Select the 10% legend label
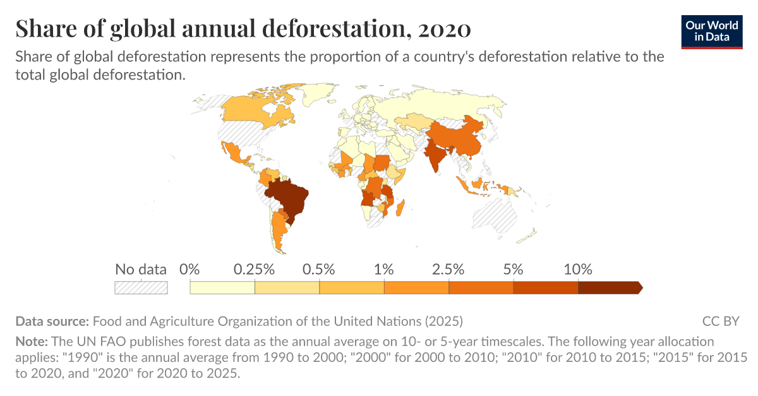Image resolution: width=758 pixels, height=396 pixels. click(577, 270)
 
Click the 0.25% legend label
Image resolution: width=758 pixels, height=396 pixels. click(254, 270)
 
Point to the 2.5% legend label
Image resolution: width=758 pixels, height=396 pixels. click(448, 270)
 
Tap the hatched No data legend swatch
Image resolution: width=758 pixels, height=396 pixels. click(141, 288)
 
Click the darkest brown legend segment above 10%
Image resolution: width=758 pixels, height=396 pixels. click(610, 288)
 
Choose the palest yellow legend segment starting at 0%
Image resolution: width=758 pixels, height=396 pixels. click(222, 288)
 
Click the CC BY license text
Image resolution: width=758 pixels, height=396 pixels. click(720, 321)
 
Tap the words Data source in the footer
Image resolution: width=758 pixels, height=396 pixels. click(53, 321)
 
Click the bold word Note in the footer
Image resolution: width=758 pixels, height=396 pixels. click(32, 342)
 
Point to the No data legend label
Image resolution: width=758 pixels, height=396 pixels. click(141, 270)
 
